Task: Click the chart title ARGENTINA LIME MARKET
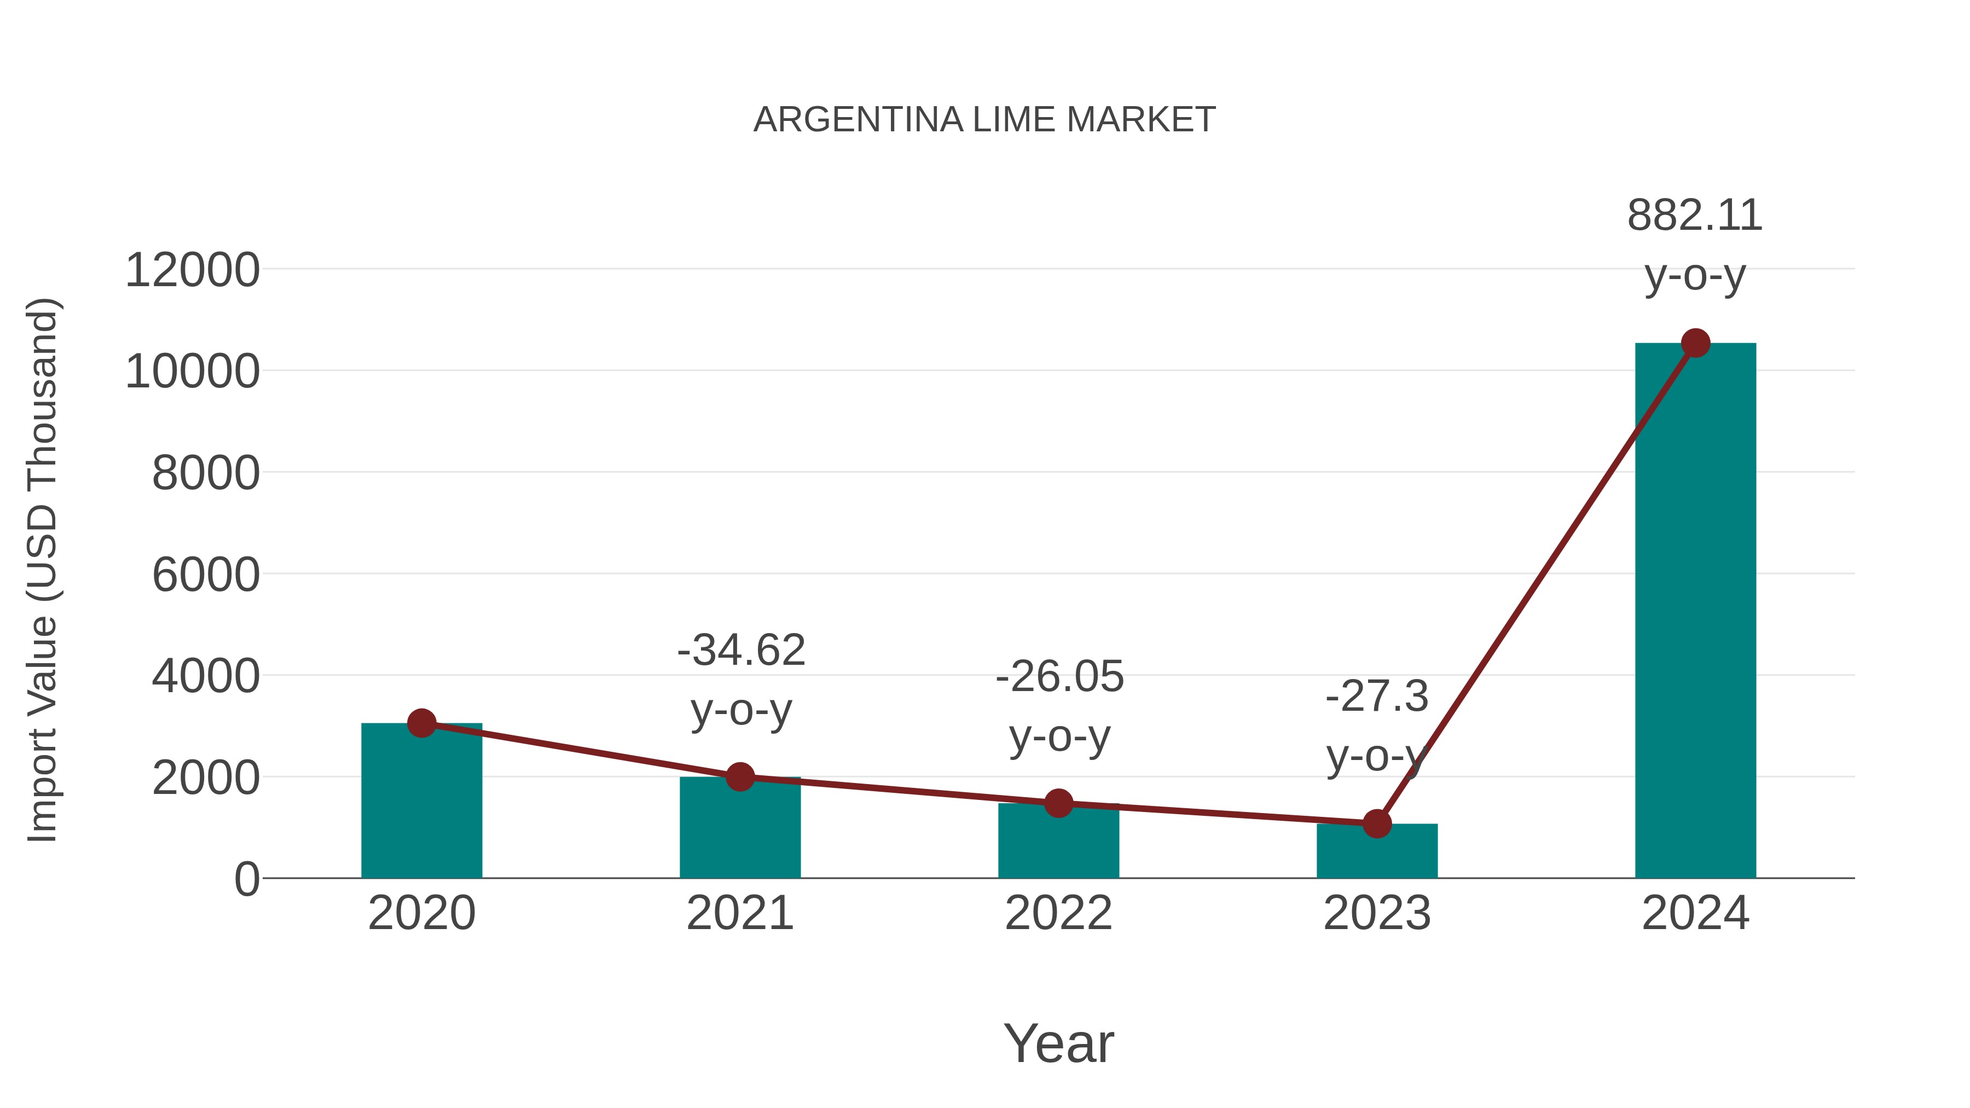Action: click(984, 120)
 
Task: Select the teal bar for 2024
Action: click(1695, 612)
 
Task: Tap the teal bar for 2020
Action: click(421, 803)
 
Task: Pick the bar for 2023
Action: click(1377, 852)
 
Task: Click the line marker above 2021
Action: click(739, 777)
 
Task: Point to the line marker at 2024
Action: click(1695, 343)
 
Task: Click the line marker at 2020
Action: click(421, 723)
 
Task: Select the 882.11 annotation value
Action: click(1695, 216)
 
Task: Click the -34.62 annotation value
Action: click(741, 651)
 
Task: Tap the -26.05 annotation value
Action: click(1059, 677)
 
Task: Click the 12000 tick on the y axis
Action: click(192, 271)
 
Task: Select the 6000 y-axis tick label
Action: click(206, 575)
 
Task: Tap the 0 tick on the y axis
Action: click(246, 879)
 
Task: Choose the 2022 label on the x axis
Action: click(1058, 913)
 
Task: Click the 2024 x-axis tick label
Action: click(1695, 913)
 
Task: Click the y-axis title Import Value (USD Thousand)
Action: click(43, 571)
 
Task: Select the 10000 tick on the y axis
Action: click(192, 373)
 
